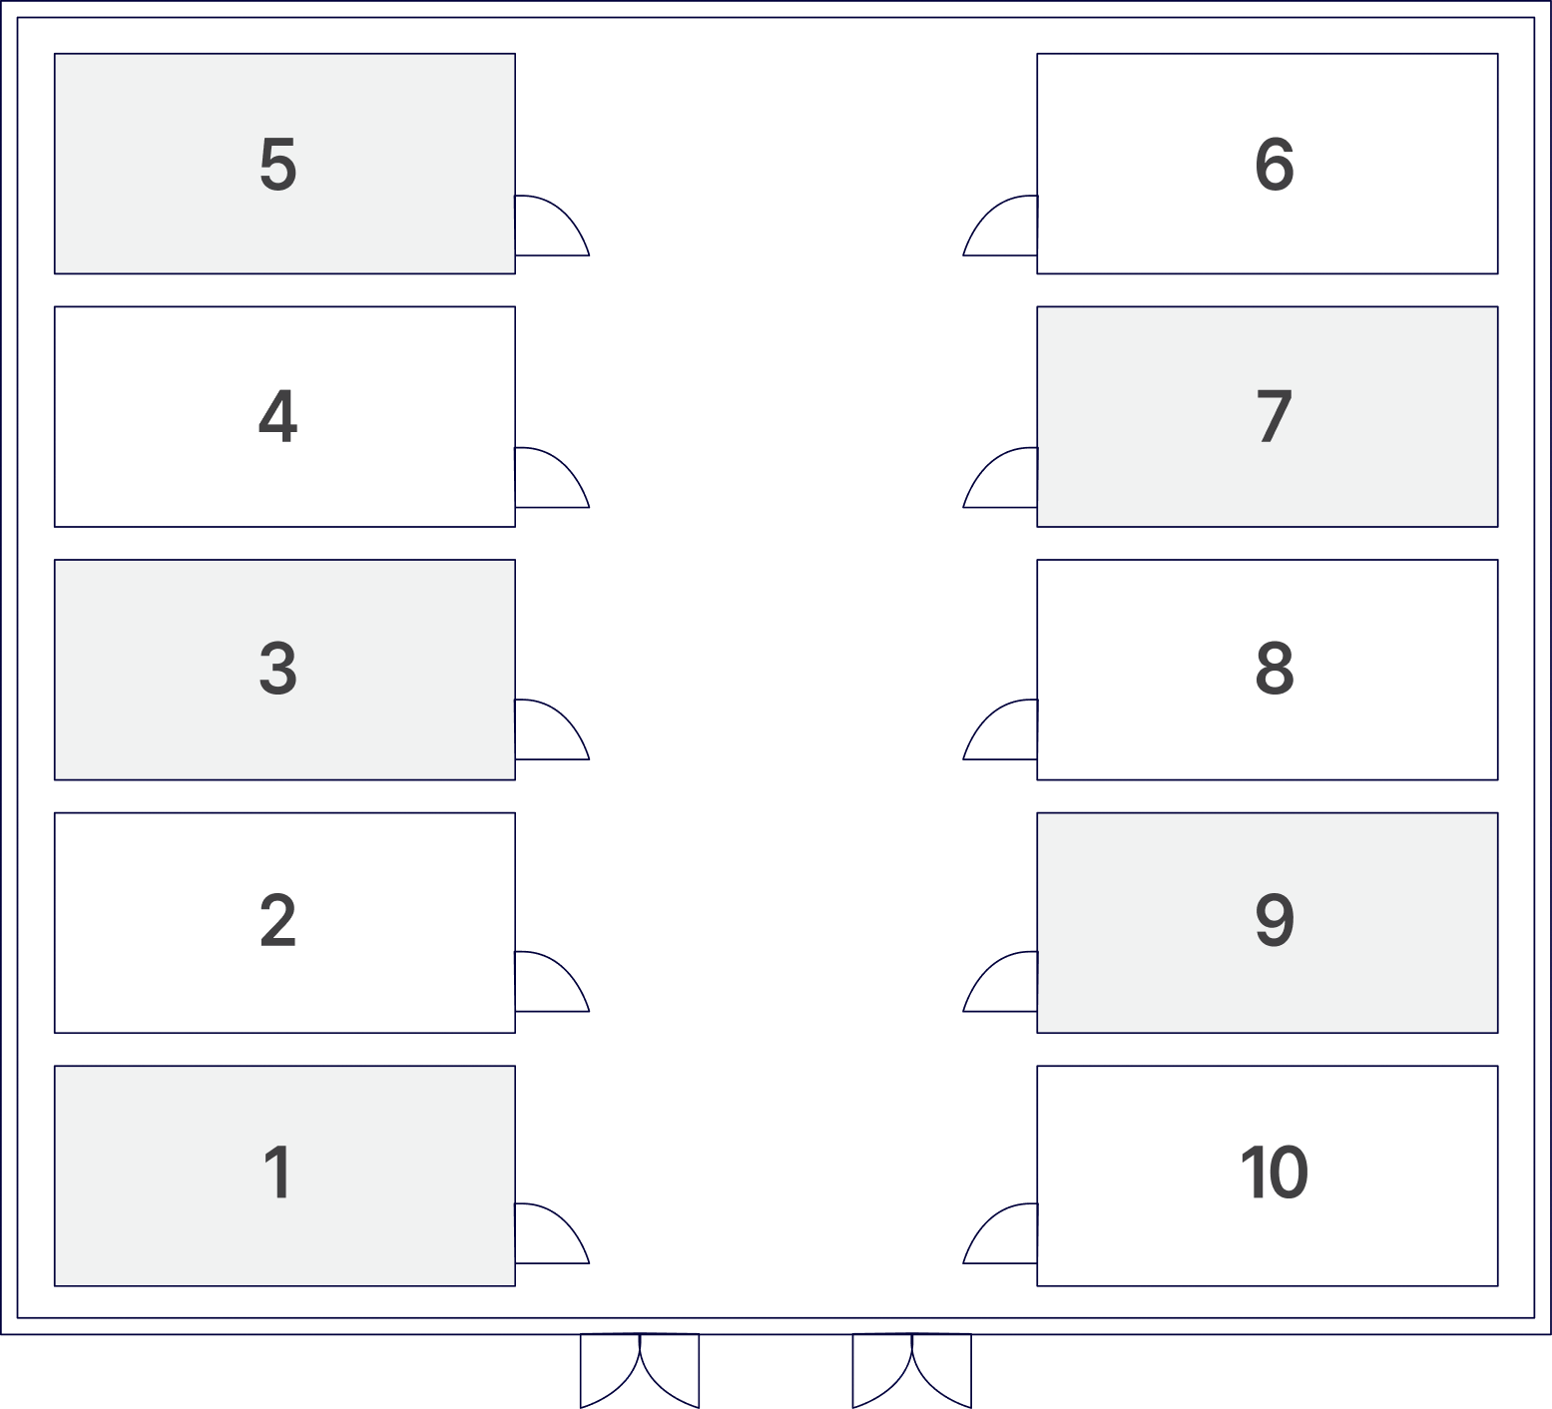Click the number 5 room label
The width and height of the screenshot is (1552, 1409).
click(278, 165)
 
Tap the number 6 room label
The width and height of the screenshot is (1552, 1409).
click(1275, 165)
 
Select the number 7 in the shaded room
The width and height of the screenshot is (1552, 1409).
click(1275, 416)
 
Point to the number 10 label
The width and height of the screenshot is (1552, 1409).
click(1274, 1173)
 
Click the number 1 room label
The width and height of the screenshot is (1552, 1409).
click(278, 1173)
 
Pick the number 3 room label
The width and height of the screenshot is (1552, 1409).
click(278, 669)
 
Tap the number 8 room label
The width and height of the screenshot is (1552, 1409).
click(1275, 669)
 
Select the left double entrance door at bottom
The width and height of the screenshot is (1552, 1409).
click(640, 1371)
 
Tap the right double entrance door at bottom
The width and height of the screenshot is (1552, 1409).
click(912, 1371)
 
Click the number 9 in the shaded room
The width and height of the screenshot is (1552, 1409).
click(1275, 920)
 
